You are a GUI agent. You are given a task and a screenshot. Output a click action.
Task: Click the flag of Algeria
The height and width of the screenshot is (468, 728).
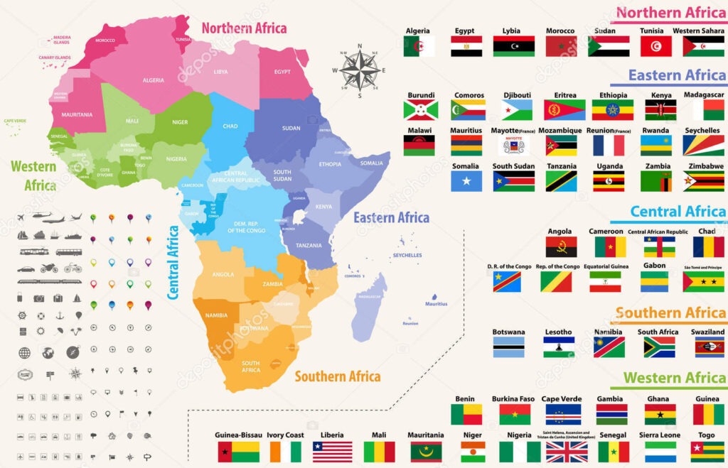(x=419, y=46)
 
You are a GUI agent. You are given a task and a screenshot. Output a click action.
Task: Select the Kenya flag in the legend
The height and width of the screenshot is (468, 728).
(x=660, y=110)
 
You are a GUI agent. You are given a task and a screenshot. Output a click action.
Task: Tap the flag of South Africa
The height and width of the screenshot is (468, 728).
(x=659, y=347)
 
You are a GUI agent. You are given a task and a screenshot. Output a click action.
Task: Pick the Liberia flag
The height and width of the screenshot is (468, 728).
(x=332, y=452)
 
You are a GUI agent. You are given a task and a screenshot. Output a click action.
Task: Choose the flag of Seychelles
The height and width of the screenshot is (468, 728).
(x=703, y=146)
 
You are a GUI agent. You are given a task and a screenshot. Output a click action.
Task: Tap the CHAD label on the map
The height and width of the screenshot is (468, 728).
(x=230, y=126)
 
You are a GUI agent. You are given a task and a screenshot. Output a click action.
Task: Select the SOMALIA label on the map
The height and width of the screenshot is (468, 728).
(x=371, y=163)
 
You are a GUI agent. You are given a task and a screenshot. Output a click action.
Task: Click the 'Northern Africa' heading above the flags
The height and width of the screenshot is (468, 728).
(x=670, y=13)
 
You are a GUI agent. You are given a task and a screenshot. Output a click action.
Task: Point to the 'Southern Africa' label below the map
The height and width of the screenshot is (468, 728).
(x=337, y=376)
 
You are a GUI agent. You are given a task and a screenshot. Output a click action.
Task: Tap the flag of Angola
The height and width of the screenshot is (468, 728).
(x=561, y=246)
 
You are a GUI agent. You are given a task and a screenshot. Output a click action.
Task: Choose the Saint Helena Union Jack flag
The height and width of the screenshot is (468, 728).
(x=566, y=452)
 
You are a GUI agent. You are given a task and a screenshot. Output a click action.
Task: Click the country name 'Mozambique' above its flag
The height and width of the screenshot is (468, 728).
(x=560, y=131)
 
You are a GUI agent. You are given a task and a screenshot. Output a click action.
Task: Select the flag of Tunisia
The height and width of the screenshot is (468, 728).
(x=655, y=46)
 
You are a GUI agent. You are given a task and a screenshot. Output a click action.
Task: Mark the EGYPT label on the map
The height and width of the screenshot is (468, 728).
(x=282, y=72)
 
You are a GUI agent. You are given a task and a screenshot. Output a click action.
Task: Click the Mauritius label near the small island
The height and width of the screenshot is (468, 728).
(x=437, y=304)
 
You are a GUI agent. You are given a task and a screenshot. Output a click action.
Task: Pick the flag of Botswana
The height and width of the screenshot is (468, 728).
(x=508, y=347)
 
